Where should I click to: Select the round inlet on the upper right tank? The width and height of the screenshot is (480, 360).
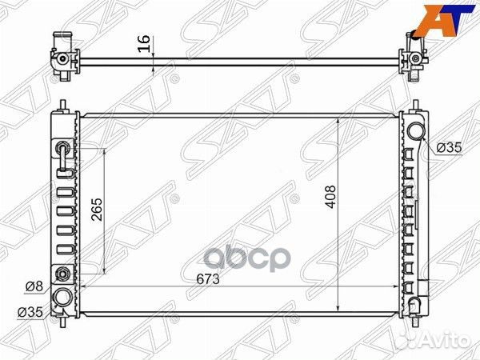pos(414,132)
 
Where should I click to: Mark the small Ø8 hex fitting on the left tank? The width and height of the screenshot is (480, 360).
pos(61,274)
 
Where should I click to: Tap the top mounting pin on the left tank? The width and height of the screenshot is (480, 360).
pos(61,105)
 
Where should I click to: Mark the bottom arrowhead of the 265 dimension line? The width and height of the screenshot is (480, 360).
pos(106,272)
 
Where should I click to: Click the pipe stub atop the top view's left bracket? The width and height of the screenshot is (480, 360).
pos(58,38)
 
